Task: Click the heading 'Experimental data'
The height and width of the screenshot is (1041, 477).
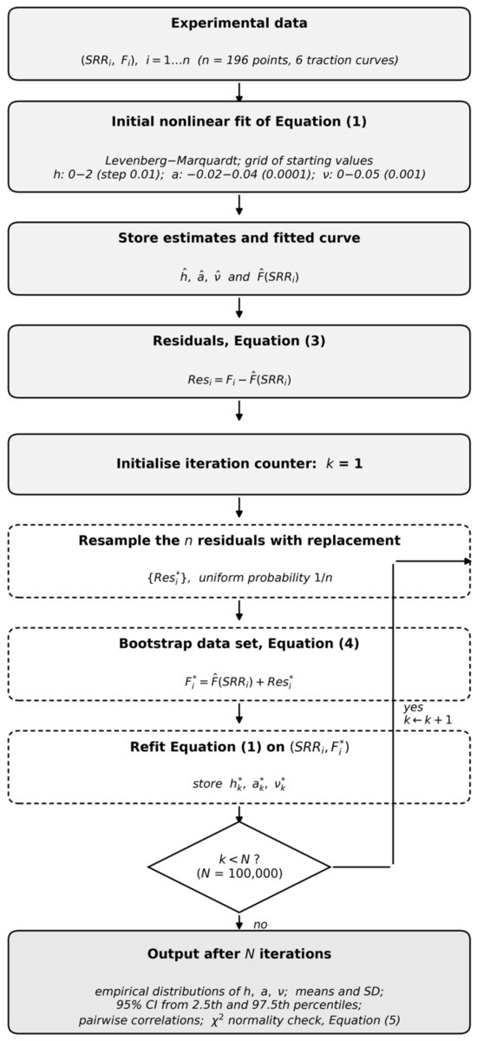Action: click(x=238, y=23)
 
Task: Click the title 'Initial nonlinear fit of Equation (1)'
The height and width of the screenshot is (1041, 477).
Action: click(x=238, y=121)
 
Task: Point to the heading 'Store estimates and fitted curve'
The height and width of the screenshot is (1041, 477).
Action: click(x=238, y=238)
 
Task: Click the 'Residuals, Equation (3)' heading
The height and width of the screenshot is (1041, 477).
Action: click(x=238, y=341)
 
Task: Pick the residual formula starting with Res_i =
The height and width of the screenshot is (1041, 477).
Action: click(x=239, y=379)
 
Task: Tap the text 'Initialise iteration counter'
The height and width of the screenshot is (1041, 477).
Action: click(x=216, y=464)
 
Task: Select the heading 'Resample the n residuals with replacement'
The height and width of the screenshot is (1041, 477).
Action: click(x=239, y=540)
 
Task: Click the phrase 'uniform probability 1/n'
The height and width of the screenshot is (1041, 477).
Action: click(x=265, y=578)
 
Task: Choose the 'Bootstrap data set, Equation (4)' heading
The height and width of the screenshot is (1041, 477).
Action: click(x=238, y=644)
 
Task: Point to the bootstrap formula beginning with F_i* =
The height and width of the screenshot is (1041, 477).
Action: click(x=238, y=682)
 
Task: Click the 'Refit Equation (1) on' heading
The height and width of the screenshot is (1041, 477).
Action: click(x=207, y=747)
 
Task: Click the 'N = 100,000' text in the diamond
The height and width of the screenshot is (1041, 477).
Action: click(x=239, y=874)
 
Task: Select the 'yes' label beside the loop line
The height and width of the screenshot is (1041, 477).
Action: click(x=414, y=708)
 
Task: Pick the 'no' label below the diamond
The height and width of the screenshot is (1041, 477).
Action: click(x=260, y=925)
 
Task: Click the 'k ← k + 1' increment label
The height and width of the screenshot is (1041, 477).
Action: click(x=428, y=720)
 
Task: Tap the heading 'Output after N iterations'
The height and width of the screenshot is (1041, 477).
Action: click(x=238, y=954)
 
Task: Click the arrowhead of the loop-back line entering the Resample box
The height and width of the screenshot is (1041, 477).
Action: click(x=468, y=561)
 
